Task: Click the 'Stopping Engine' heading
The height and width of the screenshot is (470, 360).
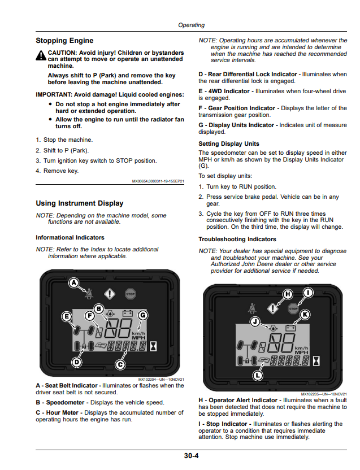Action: click(x=64, y=41)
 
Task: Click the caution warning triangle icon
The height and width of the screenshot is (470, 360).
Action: click(x=41, y=55)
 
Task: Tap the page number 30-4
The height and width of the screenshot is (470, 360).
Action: click(x=191, y=456)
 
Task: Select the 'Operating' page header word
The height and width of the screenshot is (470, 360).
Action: click(x=192, y=25)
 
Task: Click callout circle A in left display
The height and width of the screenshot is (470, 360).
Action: click(x=74, y=282)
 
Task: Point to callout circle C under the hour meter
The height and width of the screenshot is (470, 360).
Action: click(x=120, y=364)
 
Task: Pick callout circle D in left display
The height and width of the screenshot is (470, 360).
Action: click(x=77, y=362)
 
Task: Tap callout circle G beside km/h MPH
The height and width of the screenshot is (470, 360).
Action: click(x=143, y=315)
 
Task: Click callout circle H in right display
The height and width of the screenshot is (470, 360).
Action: click(x=288, y=294)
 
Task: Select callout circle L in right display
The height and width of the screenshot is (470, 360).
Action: click(x=258, y=375)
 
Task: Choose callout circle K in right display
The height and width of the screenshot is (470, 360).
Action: click(x=305, y=315)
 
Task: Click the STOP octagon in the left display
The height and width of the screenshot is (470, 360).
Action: click(x=130, y=294)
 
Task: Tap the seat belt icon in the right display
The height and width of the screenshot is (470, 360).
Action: click(x=252, y=308)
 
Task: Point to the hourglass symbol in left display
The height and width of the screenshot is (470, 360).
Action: click(x=153, y=346)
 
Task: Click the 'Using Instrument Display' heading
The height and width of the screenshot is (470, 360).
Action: click(x=80, y=203)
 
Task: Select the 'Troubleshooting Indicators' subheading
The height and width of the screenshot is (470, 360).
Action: click(x=237, y=239)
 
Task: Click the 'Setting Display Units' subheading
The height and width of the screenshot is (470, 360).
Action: click(x=229, y=144)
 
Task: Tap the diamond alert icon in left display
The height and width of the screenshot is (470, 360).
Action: click(x=110, y=294)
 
